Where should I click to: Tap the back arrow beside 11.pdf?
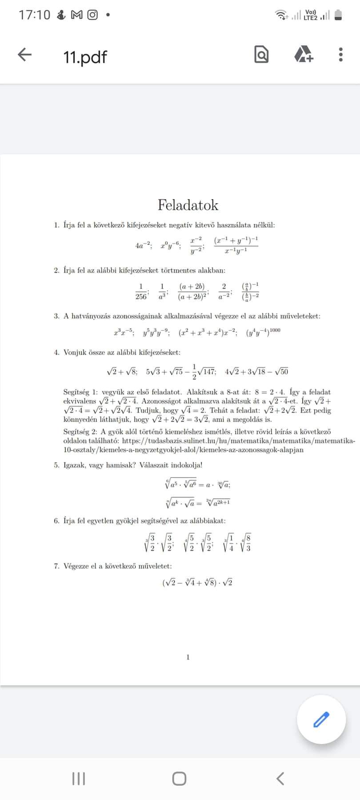click(25, 55)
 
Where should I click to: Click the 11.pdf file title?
click(85, 57)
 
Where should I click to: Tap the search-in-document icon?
click(261, 54)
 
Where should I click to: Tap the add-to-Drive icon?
click(304, 54)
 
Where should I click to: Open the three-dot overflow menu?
click(340, 54)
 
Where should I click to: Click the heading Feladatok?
click(188, 205)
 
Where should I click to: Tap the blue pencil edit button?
click(321, 719)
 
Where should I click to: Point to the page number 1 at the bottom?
click(188, 657)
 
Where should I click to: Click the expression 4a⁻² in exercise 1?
click(144, 245)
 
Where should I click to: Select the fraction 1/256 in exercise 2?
click(141, 292)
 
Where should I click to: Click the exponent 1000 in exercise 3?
click(275, 331)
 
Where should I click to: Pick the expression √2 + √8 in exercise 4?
click(122, 372)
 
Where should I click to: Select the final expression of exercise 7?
click(197, 582)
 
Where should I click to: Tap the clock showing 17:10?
click(34, 15)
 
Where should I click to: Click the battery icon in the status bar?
click(338, 16)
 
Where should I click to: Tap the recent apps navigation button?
click(78, 778)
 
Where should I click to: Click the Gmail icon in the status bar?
click(76, 15)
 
